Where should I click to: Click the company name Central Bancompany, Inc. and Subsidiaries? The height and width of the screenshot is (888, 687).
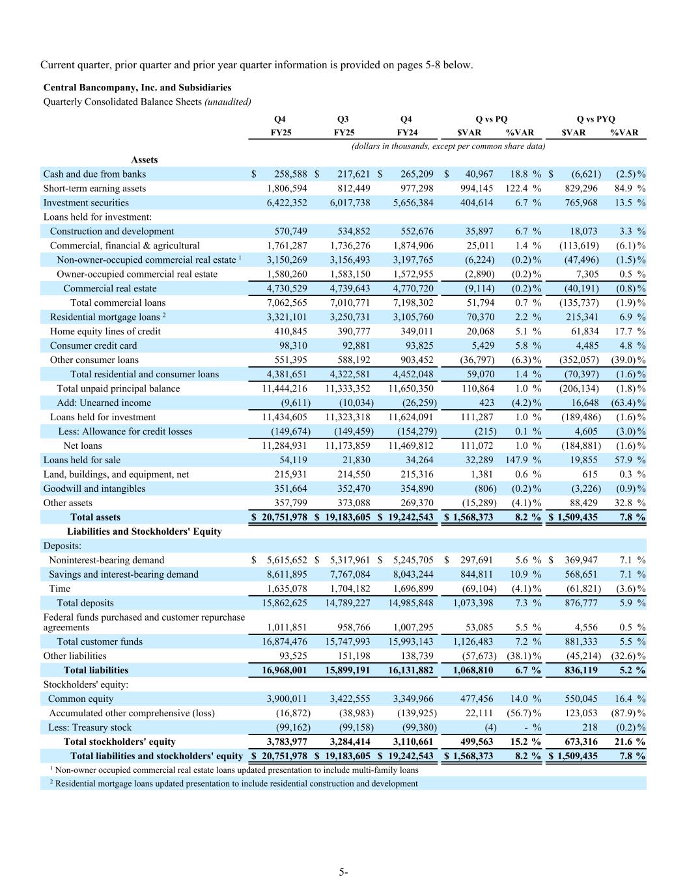137,87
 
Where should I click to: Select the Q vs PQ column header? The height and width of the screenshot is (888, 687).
491,118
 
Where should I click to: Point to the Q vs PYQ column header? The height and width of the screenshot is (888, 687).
595,118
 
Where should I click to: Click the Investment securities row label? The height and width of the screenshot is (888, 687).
86,202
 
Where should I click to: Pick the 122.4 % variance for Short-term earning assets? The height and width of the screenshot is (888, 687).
523,188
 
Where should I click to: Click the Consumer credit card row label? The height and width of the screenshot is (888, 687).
93,345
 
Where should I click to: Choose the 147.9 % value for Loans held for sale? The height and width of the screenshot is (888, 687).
523,460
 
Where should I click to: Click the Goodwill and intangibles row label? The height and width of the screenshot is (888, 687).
94,489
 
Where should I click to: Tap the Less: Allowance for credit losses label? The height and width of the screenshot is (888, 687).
125,431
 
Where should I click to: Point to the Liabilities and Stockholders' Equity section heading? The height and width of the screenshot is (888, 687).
145,531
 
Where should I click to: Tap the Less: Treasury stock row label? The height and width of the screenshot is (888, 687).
90,727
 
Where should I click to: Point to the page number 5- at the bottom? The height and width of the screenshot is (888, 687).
343,872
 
